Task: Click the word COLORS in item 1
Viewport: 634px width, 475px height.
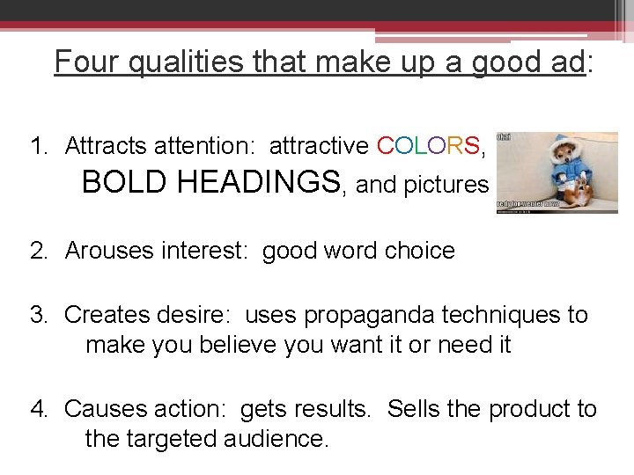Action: (428, 145)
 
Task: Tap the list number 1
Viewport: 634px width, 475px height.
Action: (37, 145)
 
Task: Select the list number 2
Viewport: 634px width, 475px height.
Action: (38, 251)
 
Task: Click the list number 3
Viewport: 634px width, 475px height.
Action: (38, 315)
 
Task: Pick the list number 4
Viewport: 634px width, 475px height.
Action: (38, 409)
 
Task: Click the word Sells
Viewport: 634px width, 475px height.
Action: (415, 409)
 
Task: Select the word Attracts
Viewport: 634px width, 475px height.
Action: (109, 145)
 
